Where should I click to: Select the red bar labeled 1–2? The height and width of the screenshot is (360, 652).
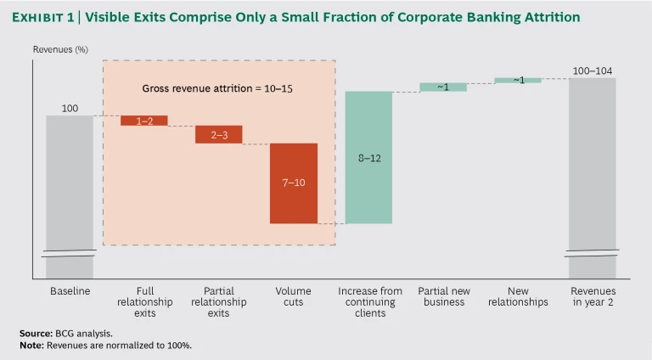(x=144, y=121)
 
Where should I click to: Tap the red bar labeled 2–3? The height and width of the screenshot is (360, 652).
(x=219, y=134)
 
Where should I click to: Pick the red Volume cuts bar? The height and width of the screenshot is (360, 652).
(x=294, y=183)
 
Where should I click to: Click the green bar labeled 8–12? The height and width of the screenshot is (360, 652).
(x=368, y=157)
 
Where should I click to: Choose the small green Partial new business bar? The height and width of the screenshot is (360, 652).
(x=443, y=87)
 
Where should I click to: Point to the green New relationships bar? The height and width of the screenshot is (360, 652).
(x=518, y=81)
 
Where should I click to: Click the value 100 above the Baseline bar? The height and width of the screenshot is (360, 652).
(x=70, y=108)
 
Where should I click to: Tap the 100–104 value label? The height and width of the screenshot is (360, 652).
(x=593, y=70)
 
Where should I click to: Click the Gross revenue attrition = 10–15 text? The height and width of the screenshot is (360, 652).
(x=218, y=88)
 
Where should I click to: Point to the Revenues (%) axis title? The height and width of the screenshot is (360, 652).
(x=59, y=49)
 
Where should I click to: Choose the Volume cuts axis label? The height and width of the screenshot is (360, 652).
(x=294, y=296)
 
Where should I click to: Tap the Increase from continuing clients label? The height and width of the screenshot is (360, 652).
(x=368, y=301)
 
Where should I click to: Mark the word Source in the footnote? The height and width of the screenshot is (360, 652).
(x=36, y=335)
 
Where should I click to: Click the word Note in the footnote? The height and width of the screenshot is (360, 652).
(x=31, y=346)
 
